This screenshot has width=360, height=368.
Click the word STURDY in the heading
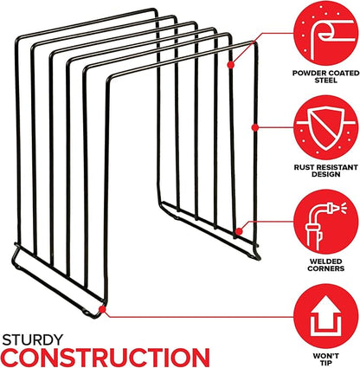coord(33,340)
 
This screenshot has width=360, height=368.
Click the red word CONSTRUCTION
coord(106,358)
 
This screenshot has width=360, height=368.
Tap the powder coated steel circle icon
coord(326,33)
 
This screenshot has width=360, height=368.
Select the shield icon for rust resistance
coord(326,127)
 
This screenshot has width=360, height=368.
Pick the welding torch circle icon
coord(326,222)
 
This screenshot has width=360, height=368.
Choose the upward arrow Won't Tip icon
coord(326,316)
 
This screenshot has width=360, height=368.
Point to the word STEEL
coord(326,81)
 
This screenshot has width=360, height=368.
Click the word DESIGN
coord(326,174)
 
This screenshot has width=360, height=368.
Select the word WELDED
coord(326,261)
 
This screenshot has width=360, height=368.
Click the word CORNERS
coord(326,268)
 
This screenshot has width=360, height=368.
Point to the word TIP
coord(326,363)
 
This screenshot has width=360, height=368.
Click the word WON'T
coord(326,356)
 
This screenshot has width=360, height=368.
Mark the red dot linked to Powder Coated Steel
coord(230,65)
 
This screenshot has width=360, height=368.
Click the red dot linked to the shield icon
coord(254,127)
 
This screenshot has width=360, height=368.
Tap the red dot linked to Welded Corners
coord(239,231)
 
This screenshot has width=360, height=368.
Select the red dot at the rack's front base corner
coord(102,309)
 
